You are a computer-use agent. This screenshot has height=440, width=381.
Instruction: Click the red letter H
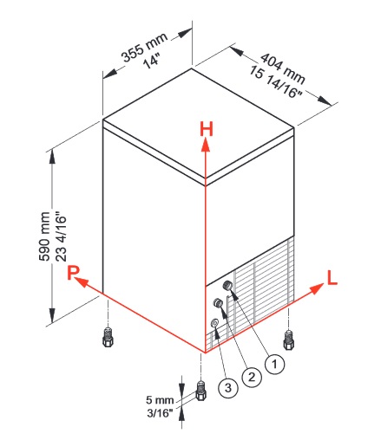(x=207, y=129)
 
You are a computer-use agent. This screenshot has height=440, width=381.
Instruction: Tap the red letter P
(x=73, y=273)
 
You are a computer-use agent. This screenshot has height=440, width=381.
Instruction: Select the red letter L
(x=332, y=277)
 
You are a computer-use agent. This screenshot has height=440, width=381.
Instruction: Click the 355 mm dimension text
(x=145, y=47)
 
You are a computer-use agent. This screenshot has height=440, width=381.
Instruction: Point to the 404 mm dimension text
(x=283, y=68)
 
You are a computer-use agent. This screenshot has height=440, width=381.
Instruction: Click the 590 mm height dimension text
(x=44, y=236)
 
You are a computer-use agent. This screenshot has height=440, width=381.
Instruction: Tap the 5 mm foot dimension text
(x=160, y=400)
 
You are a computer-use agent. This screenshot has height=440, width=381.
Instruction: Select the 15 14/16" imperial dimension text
(x=275, y=81)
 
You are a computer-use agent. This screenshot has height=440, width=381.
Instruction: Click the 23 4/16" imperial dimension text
(x=61, y=237)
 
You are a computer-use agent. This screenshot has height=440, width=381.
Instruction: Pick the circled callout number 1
(x=274, y=364)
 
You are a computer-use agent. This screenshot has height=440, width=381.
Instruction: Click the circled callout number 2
(x=252, y=377)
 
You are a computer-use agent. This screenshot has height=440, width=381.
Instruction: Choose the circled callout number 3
(x=228, y=388)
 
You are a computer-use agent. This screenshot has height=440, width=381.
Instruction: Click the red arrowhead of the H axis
(x=206, y=145)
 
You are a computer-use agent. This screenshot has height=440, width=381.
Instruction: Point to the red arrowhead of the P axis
(x=82, y=281)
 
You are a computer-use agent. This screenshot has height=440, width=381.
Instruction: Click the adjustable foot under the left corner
(x=108, y=337)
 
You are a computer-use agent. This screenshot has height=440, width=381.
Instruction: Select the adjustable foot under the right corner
(x=288, y=340)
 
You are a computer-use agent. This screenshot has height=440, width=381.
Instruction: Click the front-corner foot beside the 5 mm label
(x=201, y=391)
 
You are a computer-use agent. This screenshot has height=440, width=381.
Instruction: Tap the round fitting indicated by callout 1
(x=227, y=285)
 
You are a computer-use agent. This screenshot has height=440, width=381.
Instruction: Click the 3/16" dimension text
(x=160, y=413)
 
